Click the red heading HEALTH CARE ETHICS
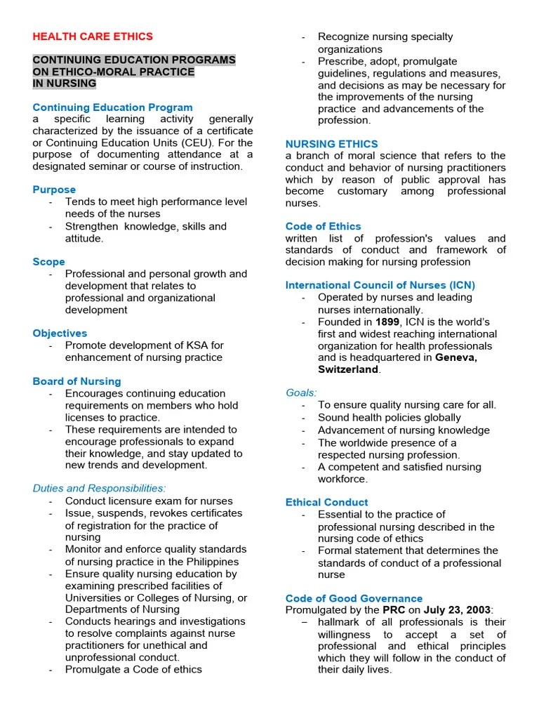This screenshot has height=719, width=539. point(93,37)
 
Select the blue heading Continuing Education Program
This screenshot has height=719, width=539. point(112,107)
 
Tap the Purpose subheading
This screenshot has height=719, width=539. point(54,190)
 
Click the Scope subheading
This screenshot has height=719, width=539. point(48,262)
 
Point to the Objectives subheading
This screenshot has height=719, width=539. point(60,334)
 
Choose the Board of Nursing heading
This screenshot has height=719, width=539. point(76,381)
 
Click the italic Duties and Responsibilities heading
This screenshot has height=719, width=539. point(99,488)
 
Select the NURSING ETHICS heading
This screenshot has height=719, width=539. point(331,144)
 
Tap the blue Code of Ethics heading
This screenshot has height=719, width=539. point(323,226)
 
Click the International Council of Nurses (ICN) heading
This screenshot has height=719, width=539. point(380,285)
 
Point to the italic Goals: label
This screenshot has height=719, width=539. point(301,393)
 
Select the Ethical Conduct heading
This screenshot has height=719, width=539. point(326,502)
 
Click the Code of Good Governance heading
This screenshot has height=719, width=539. point(354,598)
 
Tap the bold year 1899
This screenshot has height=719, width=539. point(387,322)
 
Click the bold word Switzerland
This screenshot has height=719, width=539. point(348,369)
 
